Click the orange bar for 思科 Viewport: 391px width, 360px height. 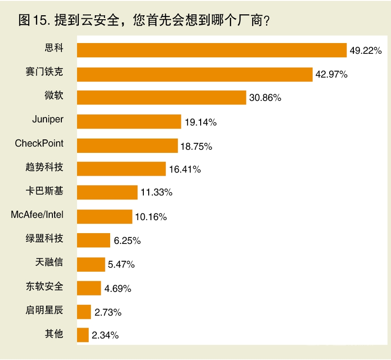tap(212, 50)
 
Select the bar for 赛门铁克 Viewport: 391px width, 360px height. tap(194, 74)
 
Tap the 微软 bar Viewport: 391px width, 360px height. tap(161, 98)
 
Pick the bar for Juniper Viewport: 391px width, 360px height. tap(129, 121)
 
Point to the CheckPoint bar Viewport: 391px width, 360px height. tap(127, 145)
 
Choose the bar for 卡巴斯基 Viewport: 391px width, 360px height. tap(107, 192)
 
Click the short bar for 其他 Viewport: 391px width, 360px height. tap(83, 335)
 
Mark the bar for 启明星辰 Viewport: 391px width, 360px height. tap(84, 312)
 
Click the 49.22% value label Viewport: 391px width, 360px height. tap(365, 51)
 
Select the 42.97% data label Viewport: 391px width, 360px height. tap(331, 74)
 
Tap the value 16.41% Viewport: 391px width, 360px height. tap(185, 169)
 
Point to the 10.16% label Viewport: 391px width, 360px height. tap(150, 217)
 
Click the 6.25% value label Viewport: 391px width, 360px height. tap(127, 241)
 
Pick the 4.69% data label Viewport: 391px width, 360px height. tap(118, 288)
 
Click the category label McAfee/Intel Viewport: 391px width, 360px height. tap(37, 215)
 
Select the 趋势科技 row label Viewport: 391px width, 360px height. tap(44, 167)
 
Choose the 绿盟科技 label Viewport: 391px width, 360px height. tap(44, 239)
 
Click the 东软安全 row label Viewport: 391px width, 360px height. tap(44, 286)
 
